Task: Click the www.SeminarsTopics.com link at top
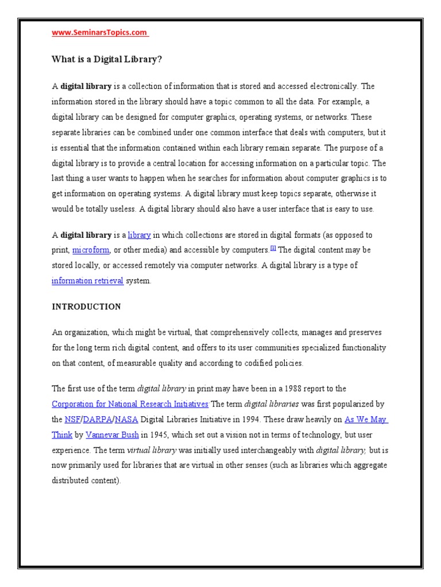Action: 100,33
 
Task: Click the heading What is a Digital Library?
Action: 103,59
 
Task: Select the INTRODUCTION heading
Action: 86,307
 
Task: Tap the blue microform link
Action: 91,251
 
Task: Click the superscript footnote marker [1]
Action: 273,248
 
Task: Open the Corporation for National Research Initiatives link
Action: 130,404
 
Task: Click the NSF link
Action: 72,419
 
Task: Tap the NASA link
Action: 126,419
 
